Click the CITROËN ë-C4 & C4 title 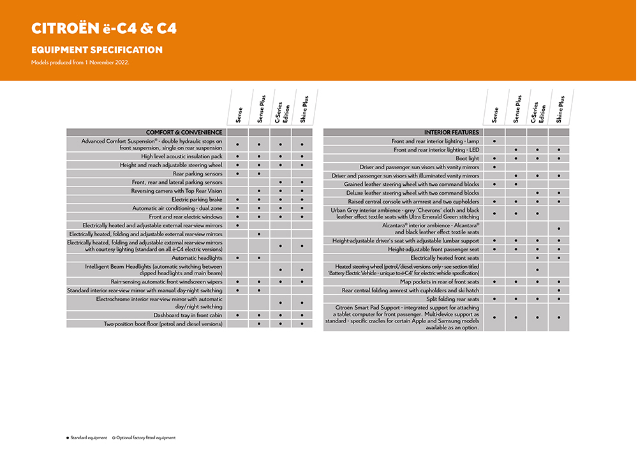click(x=104, y=29)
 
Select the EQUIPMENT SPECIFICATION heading click(x=96, y=50)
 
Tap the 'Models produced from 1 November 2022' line click(x=80, y=62)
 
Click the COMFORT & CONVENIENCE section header click(x=184, y=132)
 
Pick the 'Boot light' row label click(x=467, y=158)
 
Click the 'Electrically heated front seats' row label click(x=445, y=257)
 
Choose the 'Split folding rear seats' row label click(x=452, y=299)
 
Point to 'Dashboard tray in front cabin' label click(x=188, y=315)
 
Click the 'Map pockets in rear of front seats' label click(x=440, y=282)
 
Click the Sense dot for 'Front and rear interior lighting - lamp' click(x=494, y=140)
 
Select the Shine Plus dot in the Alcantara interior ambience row click(x=559, y=229)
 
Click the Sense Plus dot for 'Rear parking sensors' click(x=259, y=173)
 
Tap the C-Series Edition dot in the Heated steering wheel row click(x=537, y=269)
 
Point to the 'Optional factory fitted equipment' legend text click(x=145, y=438)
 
